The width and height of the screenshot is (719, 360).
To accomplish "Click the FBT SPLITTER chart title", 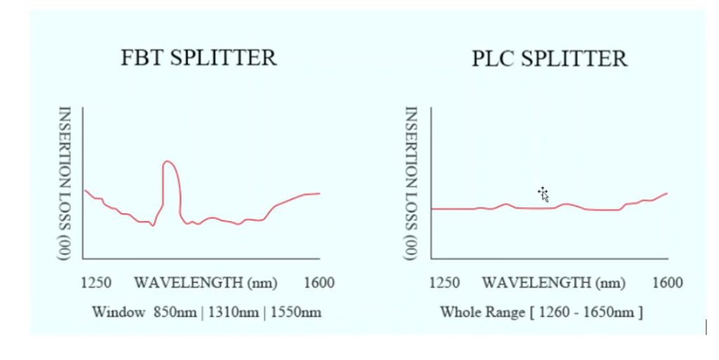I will [199, 58].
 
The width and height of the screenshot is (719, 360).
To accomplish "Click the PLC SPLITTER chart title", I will [549, 59].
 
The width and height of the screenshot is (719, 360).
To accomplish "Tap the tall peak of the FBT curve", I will [169, 164].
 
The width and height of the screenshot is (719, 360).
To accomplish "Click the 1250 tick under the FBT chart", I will [96, 284].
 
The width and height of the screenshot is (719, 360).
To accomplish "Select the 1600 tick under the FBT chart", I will [319, 284].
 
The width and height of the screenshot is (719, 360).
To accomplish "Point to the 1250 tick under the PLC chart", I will [444, 284].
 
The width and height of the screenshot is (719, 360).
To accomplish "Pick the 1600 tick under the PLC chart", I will [667, 284].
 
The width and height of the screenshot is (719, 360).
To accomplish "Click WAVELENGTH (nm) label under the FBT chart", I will [206, 284].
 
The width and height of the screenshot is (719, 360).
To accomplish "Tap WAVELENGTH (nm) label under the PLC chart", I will [553, 284].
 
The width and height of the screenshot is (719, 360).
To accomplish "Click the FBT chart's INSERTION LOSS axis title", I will [64, 183].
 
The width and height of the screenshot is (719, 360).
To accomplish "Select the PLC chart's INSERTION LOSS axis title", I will [412, 183].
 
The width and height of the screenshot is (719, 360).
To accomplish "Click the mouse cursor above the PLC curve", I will [543, 194].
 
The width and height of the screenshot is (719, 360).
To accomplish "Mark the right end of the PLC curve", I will [666, 193].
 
